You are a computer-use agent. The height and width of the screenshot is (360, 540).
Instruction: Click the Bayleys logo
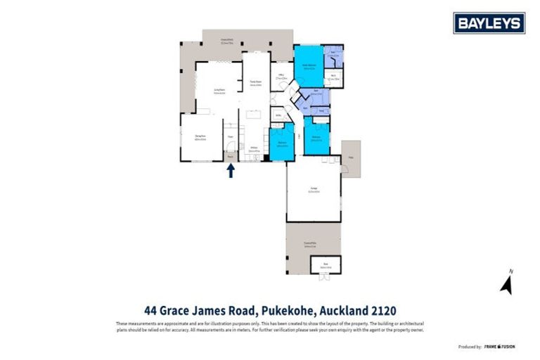click(489, 23)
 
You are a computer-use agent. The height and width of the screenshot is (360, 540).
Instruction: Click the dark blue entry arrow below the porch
click(230, 171)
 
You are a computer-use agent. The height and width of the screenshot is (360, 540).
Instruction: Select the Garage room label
click(314, 188)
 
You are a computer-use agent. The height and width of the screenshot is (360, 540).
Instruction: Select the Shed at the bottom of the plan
click(325, 266)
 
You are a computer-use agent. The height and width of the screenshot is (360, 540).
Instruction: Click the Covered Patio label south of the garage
click(310, 245)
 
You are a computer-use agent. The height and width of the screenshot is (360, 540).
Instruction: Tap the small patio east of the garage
click(351, 159)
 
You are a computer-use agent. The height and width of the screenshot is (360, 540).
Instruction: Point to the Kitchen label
click(255, 149)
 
